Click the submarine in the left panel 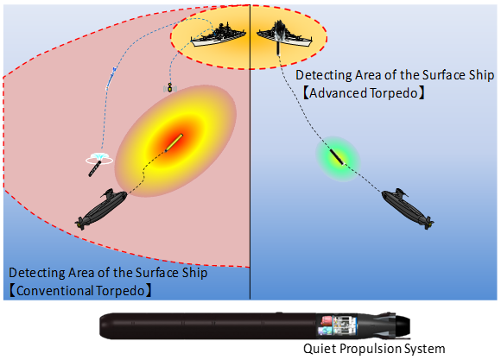[101, 208]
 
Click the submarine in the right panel [408, 208]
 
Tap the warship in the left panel [219, 35]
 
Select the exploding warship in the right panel [284, 35]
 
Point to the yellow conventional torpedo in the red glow [174, 142]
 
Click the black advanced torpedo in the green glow [337, 157]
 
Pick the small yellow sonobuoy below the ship [170, 87]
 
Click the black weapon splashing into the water [95, 168]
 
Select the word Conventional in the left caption [55, 291]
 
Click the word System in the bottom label [424, 349]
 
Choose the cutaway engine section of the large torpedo [337, 325]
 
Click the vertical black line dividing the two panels [250, 152]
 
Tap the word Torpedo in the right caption [394, 93]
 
